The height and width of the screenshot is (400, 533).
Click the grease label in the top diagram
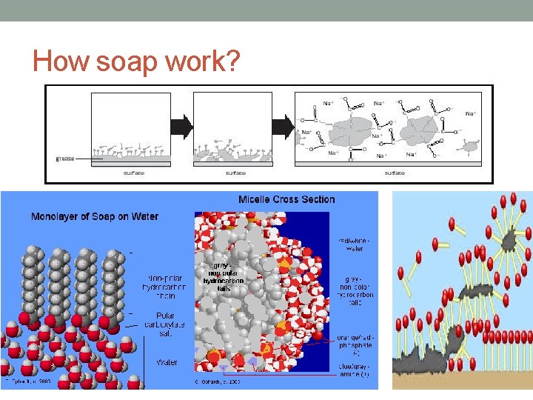67,158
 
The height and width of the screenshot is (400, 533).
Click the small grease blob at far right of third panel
469,146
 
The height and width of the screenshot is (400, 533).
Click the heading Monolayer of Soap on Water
94,216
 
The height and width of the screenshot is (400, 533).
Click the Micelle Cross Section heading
286,199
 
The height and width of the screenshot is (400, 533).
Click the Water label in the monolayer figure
166,362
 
